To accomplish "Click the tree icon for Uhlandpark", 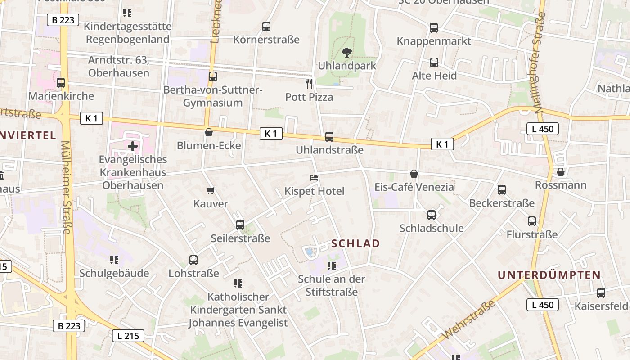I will coord(346,53).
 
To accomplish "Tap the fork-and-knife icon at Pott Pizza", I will coord(309,83).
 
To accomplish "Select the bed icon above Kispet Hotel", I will coord(314,178).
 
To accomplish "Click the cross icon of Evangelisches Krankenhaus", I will coord(133,146).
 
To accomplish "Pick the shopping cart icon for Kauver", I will coord(210,191).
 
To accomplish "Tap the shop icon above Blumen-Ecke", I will coord(209,132).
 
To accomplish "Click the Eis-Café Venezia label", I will coord(414,187).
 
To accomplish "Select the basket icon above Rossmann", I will coord(560,172).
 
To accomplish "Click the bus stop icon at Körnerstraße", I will coord(266,27).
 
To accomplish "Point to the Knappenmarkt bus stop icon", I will coord(434,28).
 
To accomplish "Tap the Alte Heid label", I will coord(434,76).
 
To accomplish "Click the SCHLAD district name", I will coord(355,244).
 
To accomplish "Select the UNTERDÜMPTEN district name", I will coord(549,275).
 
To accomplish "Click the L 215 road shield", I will coord(128,335).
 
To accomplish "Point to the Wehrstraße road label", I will coord(469,320).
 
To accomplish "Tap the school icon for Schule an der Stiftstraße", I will coord(332,266).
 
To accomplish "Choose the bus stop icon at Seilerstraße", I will coord(240,225).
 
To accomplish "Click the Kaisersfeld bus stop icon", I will coord(601,293).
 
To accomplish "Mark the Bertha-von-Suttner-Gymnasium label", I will coord(213,96).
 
